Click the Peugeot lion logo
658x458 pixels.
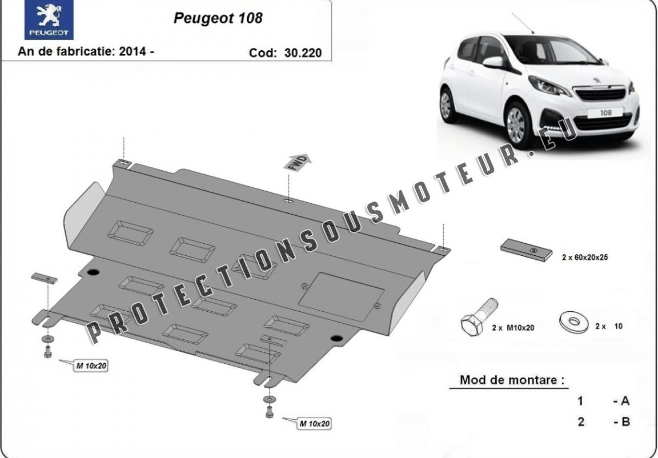click(49, 19)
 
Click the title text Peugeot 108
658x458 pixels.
click(218, 18)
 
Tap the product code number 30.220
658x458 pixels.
click(303, 53)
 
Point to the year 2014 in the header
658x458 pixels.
click(133, 51)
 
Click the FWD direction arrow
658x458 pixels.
click(298, 162)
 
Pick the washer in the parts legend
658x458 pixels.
click(574, 322)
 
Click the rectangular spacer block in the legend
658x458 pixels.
click(526, 250)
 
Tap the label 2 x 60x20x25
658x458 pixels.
click(585, 258)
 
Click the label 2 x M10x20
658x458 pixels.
click(513, 328)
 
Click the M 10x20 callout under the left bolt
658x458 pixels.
click(91, 365)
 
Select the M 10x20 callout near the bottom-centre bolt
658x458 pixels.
click(314, 424)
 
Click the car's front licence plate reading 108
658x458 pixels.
click(605, 113)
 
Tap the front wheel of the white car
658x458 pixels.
click(517, 124)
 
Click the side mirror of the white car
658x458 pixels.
click(493, 62)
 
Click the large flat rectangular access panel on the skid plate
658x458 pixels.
click(341, 297)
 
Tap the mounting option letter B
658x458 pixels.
click(625, 421)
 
